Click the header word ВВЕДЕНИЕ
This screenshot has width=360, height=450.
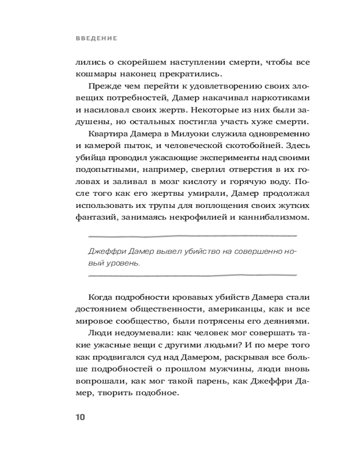(x=96, y=39)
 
